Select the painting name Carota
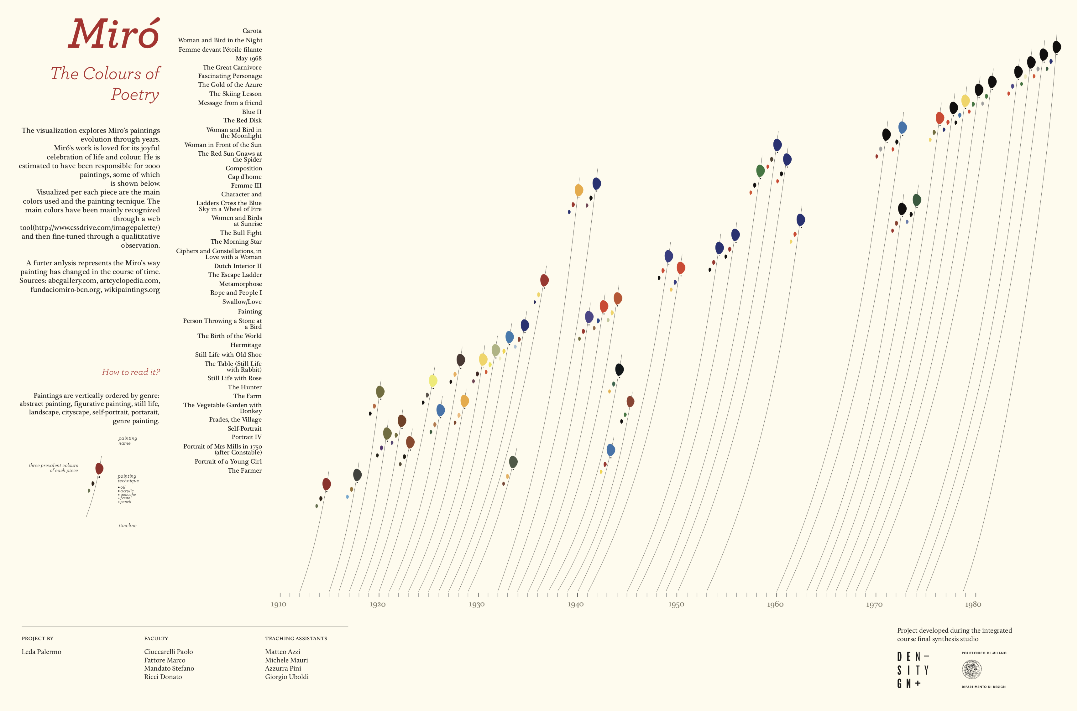pyautogui.click(x=252, y=31)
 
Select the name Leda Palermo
pyautogui.click(x=41, y=651)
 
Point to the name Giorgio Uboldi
pyautogui.click(x=287, y=677)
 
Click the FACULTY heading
pyautogui.click(x=156, y=638)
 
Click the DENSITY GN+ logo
pyautogui.click(x=913, y=670)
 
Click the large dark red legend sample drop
pyautogui.click(x=99, y=468)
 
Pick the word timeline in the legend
pyautogui.click(x=128, y=526)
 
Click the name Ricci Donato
pyautogui.click(x=163, y=677)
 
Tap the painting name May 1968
pyautogui.click(x=248, y=59)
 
